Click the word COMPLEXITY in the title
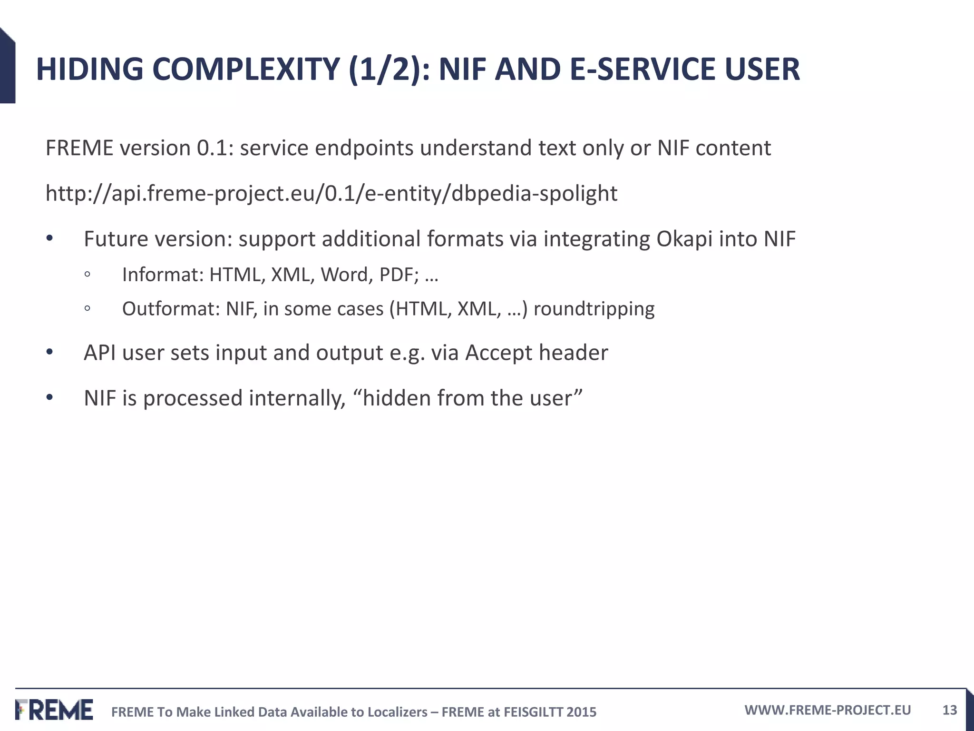pos(246,69)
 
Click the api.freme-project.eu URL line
pos(331,194)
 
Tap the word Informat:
pos(163,275)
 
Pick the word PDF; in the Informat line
pos(399,275)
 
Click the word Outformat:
pos(171,309)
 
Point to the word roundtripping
pos(594,309)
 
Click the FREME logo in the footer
pos(54,710)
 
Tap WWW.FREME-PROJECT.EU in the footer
pos(828,710)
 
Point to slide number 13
pos(949,710)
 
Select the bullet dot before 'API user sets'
pos(50,353)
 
